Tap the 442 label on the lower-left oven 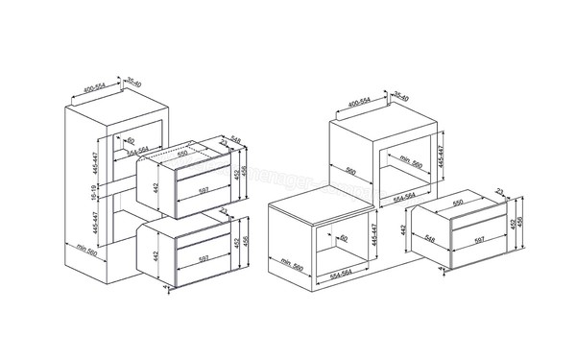(x=155, y=257)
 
